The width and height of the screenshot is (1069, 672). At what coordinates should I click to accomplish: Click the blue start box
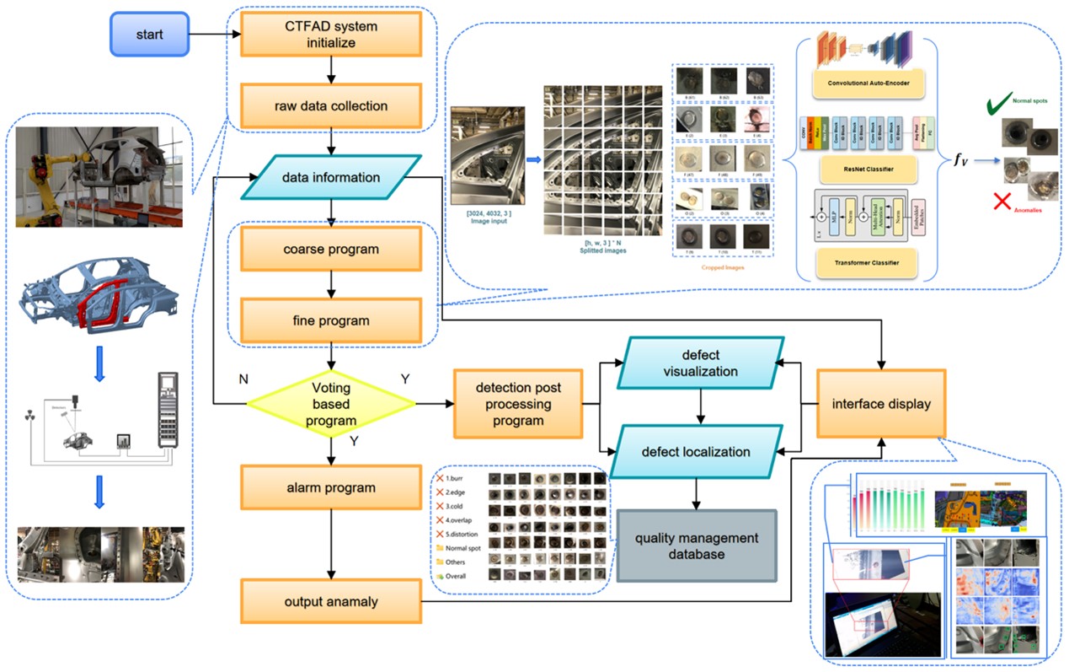151,35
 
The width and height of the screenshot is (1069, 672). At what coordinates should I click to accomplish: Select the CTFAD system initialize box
331,34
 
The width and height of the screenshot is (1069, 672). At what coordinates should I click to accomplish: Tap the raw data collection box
331,106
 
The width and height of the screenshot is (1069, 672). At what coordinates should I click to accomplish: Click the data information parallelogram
331,177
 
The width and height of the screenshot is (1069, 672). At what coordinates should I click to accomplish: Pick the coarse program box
331,249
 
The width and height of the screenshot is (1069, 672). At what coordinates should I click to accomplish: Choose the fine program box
331,320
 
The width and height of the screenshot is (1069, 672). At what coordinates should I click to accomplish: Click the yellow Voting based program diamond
331,403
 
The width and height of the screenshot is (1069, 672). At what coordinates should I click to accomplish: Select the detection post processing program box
518,404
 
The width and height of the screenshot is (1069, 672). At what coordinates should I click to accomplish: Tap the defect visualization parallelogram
699,363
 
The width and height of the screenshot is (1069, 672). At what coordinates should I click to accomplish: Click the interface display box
880,403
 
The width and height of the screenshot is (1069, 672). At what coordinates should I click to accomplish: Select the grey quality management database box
696,546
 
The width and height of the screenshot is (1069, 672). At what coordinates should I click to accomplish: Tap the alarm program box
331,488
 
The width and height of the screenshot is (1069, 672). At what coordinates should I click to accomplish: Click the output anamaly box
331,601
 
